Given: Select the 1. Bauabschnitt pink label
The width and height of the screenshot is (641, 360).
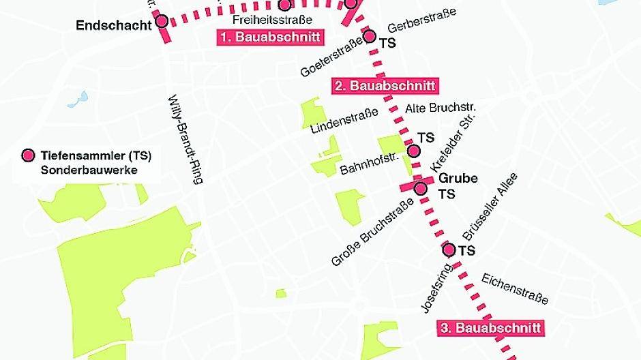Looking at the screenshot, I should click(x=270, y=37).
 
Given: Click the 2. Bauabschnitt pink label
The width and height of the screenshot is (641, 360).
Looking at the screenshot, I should click(x=385, y=86).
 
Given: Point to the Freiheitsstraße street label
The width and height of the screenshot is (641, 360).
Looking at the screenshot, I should click(x=272, y=20).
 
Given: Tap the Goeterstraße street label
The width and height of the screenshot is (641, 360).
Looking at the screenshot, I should click(x=331, y=57).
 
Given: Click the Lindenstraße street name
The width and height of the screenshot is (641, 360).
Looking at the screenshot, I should click(x=344, y=119).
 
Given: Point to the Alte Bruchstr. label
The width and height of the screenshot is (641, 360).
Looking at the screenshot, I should click(x=440, y=108).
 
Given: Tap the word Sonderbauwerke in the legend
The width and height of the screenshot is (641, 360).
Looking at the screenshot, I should click(x=89, y=170).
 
